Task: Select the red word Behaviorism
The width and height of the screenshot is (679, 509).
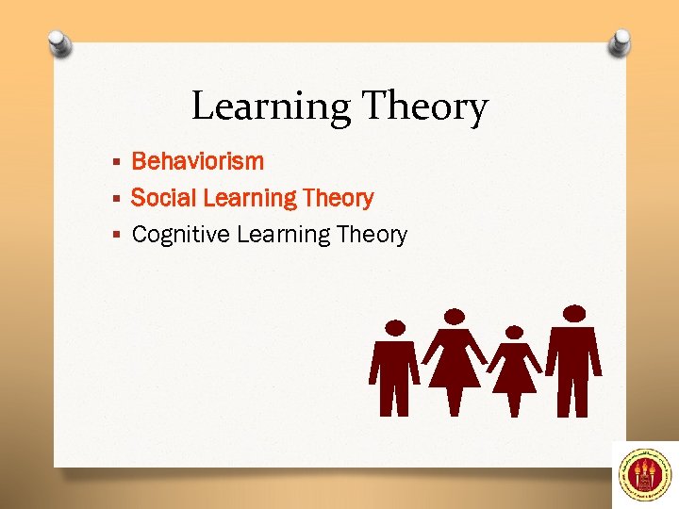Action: (x=197, y=161)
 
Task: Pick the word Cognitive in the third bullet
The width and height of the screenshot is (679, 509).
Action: (x=181, y=235)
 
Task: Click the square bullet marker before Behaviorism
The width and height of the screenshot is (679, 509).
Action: (x=117, y=162)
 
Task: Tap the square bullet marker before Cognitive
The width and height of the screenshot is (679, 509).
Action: (x=117, y=236)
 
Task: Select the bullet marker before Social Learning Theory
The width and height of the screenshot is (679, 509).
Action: (x=117, y=199)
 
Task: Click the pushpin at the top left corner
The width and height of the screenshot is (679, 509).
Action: (x=59, y=42)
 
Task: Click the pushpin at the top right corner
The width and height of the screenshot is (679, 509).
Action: (x=620, y=41)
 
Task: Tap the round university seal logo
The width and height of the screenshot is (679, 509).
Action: (x=644, y=474)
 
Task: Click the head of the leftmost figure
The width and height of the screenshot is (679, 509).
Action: (x=396, y=327)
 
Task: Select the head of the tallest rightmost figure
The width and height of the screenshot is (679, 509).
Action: (x=573, y=313)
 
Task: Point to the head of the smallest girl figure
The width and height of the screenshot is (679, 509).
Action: (x=514, y=333)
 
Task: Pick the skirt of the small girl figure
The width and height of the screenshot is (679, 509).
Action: (x=515, y=377)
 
